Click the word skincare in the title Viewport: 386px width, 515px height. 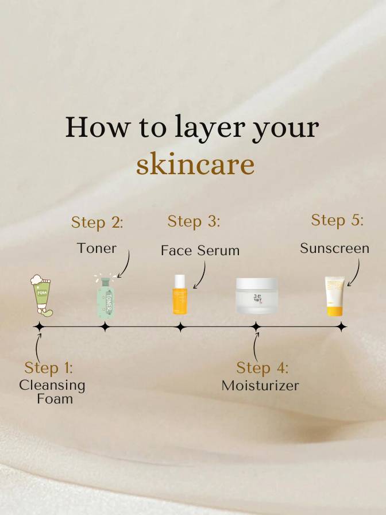[195, 163]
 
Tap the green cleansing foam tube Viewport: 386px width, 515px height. [42, 295]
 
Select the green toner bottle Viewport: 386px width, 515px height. [106, 297]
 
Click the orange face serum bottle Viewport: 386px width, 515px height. [180, 294]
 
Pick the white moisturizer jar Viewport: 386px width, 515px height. [257, 295]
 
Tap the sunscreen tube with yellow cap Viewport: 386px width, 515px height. [335, 296]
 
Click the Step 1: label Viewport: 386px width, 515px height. [49, 368]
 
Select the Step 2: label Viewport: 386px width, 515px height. [97, 222]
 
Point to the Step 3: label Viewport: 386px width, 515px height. [194, 221]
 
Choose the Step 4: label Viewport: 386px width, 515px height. [263, 368]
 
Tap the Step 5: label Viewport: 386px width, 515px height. [337, 220]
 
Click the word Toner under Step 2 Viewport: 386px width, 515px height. [96, 248]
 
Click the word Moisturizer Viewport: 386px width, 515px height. [260, 386]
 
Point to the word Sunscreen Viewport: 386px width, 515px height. [334, 248]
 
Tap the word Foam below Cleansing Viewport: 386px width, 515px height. [55, 399]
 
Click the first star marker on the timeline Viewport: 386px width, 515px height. [40, 327]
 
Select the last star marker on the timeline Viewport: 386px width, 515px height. [342, 327]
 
